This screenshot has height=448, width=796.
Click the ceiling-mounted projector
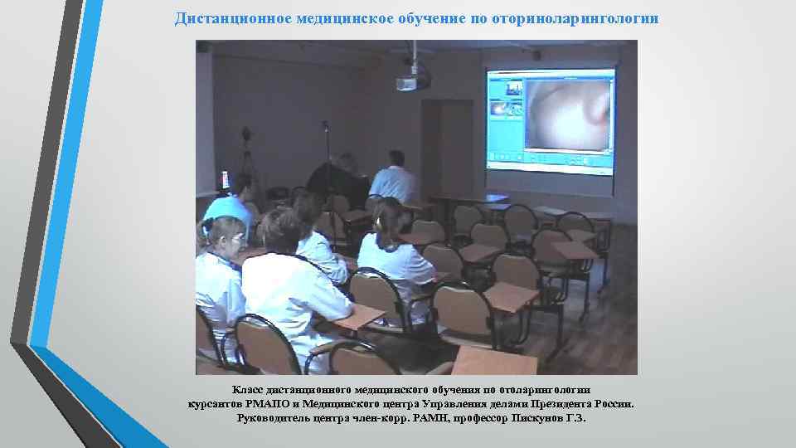click(412, 80)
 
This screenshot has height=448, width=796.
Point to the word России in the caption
click(613, 404)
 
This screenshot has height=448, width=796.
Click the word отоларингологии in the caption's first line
click(541, 390)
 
